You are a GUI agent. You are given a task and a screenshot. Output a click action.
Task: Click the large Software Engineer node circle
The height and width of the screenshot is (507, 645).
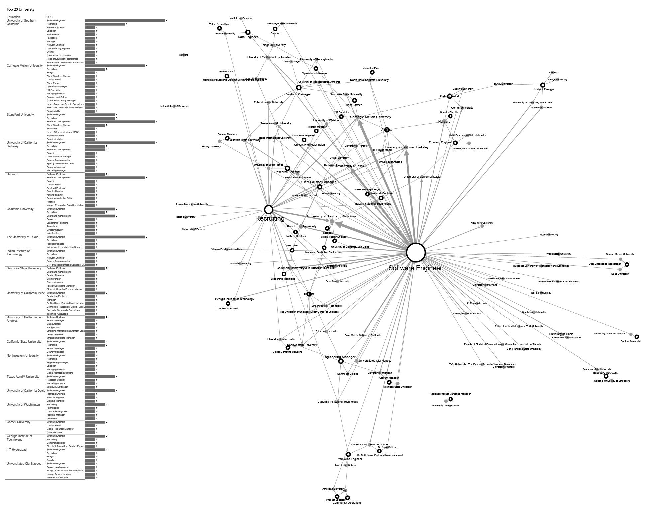[416, 253]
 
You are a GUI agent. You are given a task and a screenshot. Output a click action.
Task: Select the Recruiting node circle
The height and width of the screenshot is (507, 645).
[268, 209]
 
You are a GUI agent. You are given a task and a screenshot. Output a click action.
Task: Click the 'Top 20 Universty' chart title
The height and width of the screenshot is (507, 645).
[21, 10]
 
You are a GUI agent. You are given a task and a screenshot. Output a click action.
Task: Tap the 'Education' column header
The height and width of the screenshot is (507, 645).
[13, 17]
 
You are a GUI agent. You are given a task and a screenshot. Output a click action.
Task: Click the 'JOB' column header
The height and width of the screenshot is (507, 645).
[50, 17]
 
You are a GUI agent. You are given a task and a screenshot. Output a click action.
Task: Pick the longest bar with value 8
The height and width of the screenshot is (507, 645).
[125, 21]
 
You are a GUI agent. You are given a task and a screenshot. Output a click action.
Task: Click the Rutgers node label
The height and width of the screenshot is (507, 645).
[183, 55]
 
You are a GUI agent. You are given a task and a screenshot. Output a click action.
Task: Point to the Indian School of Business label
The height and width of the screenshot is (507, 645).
[174, 106]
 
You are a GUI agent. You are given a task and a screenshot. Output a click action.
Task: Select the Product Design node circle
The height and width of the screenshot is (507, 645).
[543, 85]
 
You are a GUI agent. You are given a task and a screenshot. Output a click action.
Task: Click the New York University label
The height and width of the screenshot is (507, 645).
[482, 223]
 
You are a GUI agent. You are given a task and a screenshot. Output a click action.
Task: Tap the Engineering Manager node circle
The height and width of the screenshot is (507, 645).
[341, 361]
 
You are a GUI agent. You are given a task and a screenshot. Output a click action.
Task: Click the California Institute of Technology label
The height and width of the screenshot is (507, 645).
[337, 402]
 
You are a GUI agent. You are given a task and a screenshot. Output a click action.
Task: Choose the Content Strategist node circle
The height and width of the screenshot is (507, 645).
[637, 337]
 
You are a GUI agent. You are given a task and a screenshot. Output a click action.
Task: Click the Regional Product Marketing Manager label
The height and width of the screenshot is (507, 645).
[450, 394]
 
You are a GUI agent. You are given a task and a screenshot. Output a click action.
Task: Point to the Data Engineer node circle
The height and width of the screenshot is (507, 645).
[248, 32]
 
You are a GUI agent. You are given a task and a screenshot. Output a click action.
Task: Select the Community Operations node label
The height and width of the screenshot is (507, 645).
[347, 503]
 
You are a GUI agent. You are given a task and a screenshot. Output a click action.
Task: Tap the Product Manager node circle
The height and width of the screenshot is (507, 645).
[299, 88]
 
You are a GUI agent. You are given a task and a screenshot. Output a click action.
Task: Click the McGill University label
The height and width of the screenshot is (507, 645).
[549, 235]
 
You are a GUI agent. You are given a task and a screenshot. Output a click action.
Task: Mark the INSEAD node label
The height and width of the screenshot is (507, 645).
[552, 73]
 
